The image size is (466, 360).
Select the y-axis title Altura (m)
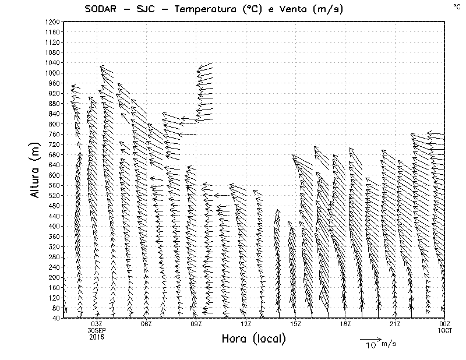(35, 169)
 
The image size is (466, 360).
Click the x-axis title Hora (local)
(254, 338)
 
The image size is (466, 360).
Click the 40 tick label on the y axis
(55, 318)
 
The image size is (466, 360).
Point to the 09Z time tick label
(196, 324)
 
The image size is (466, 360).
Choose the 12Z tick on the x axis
(246, 324)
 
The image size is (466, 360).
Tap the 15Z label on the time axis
(295, 324)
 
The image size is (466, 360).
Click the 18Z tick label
(345, 324)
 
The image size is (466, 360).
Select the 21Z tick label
(395, 324)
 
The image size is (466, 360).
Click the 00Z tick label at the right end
(445, 324)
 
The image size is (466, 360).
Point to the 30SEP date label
(97, 330)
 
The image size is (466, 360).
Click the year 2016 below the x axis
(97, 337)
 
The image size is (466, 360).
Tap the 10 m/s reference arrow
(370, 338)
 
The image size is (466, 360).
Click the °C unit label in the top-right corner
(456, 6)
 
